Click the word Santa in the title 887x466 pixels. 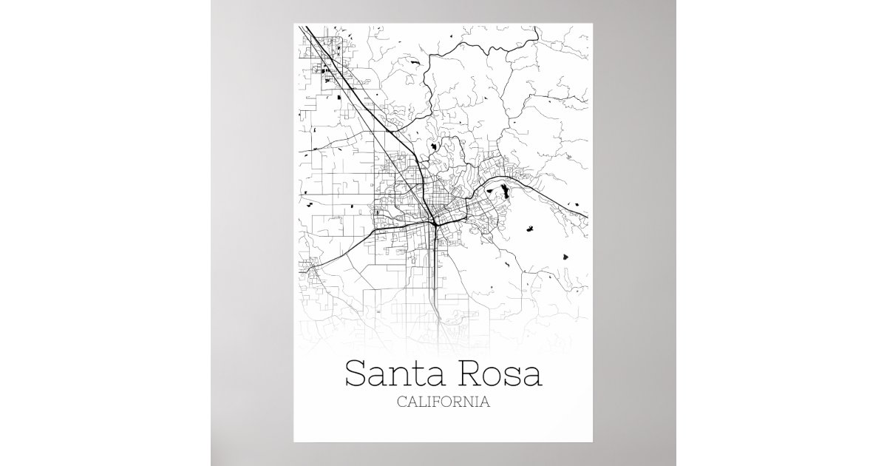(395, 374)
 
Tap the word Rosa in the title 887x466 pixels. (499, 374)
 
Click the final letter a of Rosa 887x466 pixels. (531, 376)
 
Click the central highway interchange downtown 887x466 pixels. (435, 220)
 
